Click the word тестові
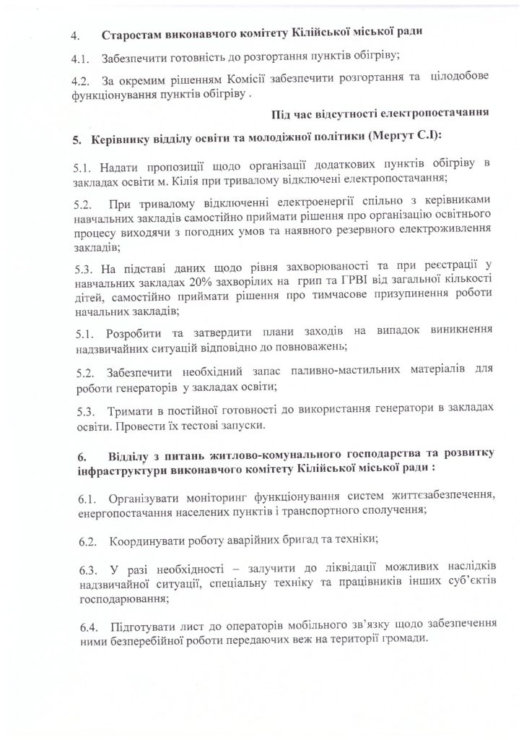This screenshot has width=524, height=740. (x=193, y=427)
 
